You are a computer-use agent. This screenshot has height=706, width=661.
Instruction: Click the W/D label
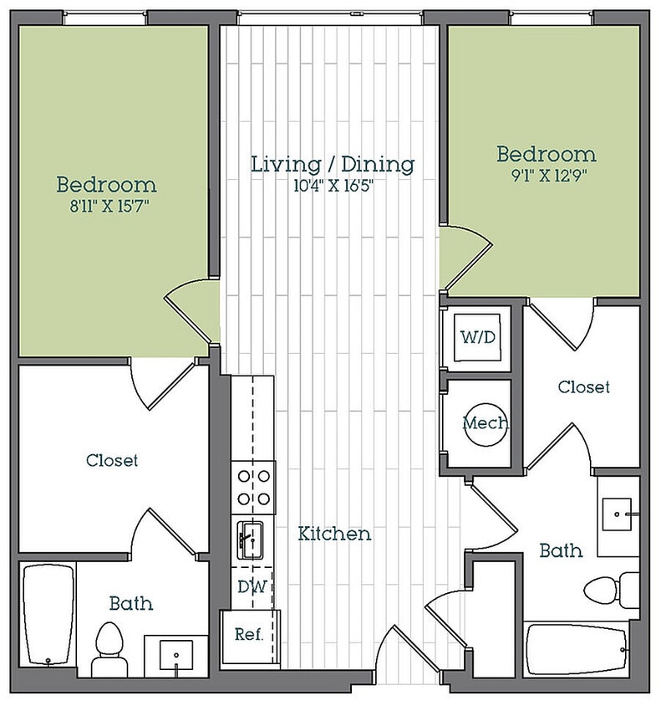[x=477, y=337]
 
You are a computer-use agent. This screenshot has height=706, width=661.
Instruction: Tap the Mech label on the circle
[x=486, y=422]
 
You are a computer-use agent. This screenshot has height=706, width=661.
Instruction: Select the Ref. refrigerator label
[x=249, y=634]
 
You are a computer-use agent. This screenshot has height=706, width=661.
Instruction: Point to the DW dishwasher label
[x=252, y=586]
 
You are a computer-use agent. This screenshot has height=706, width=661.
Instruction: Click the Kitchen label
[x=334, y=534]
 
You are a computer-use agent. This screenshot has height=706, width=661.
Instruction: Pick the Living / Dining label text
[x=333, y=164]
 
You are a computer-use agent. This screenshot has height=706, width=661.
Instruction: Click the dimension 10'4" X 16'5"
[x=333, y=186]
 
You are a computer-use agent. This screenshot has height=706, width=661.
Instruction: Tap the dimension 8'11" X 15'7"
[x=109, y=207]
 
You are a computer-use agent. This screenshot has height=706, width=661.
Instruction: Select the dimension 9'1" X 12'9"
[x=548, y=175]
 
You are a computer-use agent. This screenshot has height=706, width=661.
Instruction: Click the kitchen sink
[x=250, y=540]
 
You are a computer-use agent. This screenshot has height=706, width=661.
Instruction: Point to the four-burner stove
[x=253, y=488]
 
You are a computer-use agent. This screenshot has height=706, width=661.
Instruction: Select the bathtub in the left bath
[x=48, y=614]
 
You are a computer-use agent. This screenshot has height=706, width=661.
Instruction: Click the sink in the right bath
[x=617, y=514]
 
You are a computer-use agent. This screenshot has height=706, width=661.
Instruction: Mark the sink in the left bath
[x=176, y=656]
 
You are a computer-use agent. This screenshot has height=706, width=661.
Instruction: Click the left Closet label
[x=112, y=460]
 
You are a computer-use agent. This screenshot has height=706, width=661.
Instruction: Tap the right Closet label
[x=583, y=386]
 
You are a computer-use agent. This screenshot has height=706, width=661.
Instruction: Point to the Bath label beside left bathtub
[x=131, y=603]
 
